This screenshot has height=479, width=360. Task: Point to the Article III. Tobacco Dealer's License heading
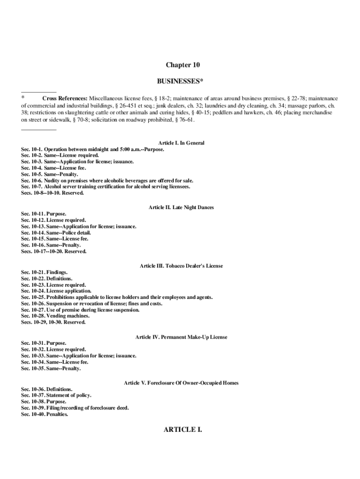click(181, 266)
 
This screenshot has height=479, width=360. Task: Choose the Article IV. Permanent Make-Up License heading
click(181, 337)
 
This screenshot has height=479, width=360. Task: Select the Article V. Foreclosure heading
click(181, 383)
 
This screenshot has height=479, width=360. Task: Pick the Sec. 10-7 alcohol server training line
click(106, 187)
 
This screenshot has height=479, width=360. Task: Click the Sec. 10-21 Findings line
click(44, 272)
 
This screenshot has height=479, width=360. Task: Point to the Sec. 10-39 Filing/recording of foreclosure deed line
click(75, 408)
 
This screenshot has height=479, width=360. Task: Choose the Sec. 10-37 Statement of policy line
click(56, 395)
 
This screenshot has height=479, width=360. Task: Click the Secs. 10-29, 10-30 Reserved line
click(53, 322)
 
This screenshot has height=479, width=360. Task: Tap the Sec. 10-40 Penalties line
click(44, 414)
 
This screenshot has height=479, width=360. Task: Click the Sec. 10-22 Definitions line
click(47, 278)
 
